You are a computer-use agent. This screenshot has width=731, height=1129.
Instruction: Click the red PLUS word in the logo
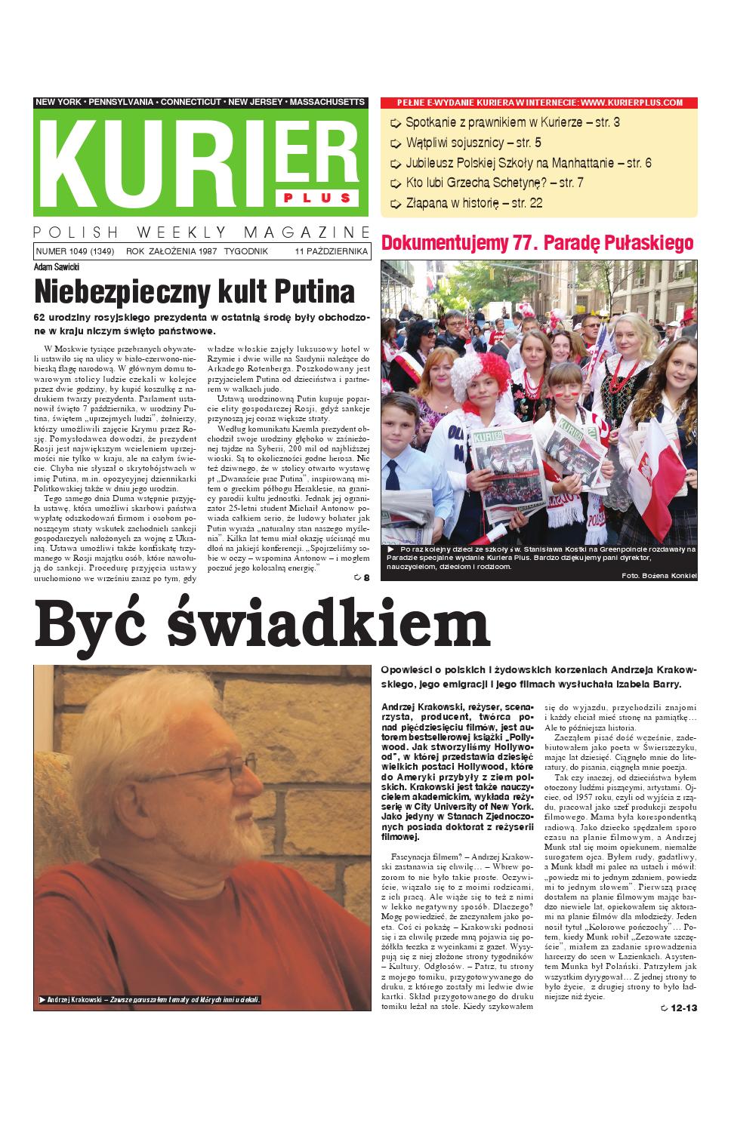click(318, 198)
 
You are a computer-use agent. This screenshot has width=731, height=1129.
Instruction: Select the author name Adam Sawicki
click(57, 266)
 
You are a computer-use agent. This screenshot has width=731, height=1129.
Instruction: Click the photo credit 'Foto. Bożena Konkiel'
click(656, 576)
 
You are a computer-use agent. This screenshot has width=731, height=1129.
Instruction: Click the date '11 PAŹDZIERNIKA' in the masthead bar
click(332, 251)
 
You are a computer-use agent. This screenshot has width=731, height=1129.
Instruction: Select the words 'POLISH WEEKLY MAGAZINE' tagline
click(202, 232)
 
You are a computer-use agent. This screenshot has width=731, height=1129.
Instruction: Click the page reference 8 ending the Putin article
click(366, 578)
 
